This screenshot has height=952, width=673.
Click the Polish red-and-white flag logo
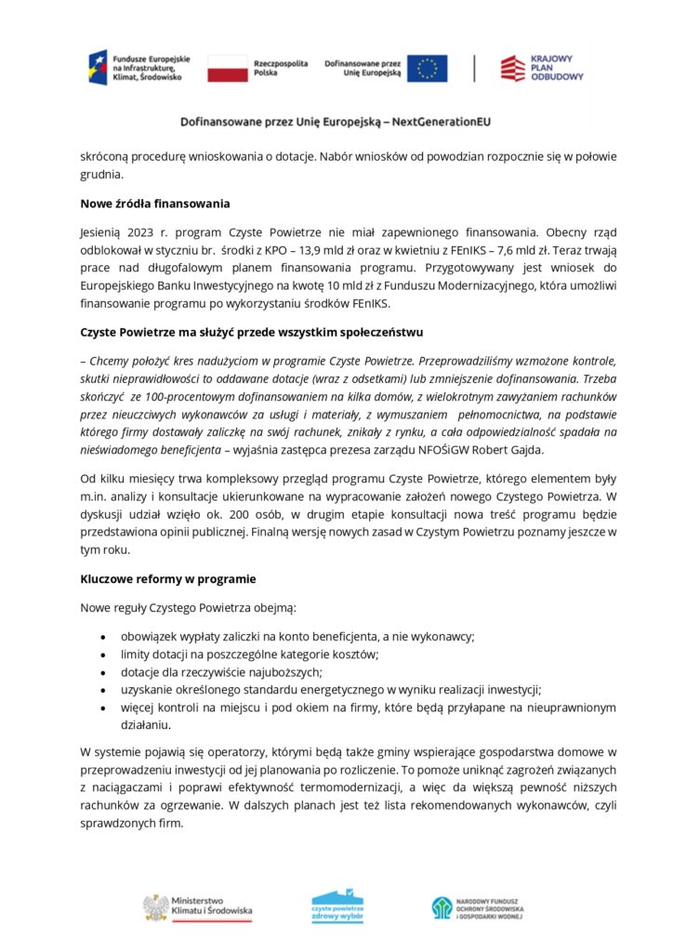pyautogui.click(x=227, y=68)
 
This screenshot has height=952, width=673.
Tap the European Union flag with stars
pyautogui.click(x=427, y=68)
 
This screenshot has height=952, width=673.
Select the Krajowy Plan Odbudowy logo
pyautogui.click(x=542, y=68)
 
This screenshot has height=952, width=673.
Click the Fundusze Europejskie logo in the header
pyautogui.click(x=139, y=68)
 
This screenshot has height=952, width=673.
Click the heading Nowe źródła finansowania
pyautogui.click(x=155, y=203)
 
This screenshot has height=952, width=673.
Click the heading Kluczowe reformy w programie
pyautogui.click(x=168, y=578)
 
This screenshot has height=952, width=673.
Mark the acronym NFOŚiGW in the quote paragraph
pyautogui.click(x=482, y=450)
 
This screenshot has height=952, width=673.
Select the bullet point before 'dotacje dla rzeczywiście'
pyautogui.click(x=101, y=672)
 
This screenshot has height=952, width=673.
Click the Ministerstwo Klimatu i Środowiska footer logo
pyautogui.click(x=197, y=907)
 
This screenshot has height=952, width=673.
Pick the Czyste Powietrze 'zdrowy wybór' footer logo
pyautogui.click(x=337, y=906)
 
